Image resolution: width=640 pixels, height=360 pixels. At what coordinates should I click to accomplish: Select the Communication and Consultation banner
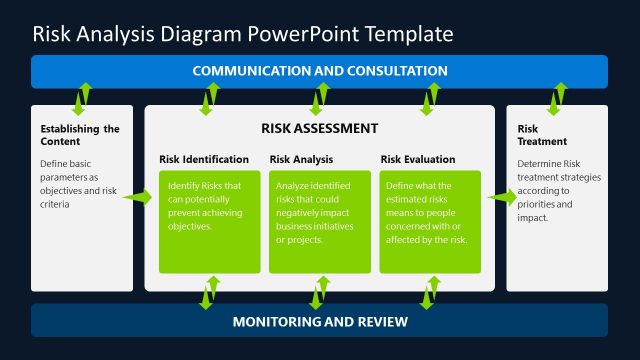coord(319,71)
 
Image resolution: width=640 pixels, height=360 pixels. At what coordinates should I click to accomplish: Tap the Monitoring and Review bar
coord(319,321)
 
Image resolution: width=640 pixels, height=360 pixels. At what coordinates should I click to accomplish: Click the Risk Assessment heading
coord(319,128)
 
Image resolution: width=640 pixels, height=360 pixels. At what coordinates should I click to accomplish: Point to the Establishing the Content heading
coord(80,134)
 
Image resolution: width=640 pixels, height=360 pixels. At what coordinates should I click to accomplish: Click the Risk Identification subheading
coord(204,159)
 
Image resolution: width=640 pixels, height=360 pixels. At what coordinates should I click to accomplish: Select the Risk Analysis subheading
coord(302,159)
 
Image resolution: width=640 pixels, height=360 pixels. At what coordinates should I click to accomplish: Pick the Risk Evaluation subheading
coord(418,159)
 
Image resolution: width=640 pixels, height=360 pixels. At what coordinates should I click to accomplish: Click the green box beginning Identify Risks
coord(209,221)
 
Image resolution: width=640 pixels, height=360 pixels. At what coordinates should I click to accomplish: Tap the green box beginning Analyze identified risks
coord(320,221)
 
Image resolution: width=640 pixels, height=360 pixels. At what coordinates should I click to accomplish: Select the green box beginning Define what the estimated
coord(430,221)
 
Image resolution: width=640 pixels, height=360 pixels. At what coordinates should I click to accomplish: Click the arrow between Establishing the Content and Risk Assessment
coord(138,198)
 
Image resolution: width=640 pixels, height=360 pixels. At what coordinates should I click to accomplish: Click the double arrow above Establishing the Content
coord(81,97)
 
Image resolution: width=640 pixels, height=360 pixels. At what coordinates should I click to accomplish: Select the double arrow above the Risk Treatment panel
coord(556,97)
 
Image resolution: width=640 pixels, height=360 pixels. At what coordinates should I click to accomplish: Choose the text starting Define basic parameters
coord(80,183)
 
